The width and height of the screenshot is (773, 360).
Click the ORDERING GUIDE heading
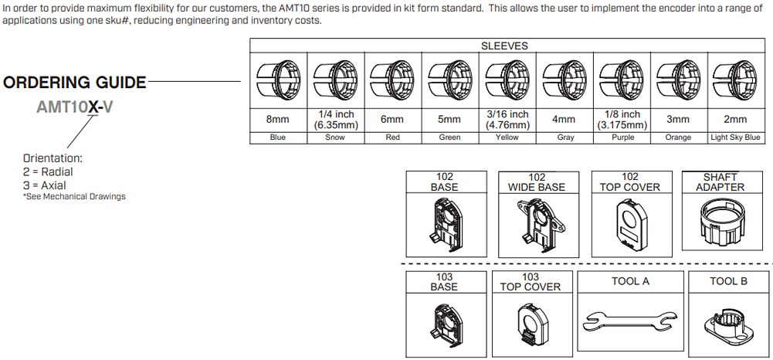point(74,83)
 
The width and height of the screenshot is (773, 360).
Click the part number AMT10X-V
point(75,108)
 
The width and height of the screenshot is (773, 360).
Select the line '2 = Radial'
point(48,172)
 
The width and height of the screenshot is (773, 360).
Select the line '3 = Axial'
point(45,185)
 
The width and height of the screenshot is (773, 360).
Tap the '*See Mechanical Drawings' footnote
point(74,197)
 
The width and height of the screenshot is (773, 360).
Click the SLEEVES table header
point(504,46)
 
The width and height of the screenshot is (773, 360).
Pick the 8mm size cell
point(278,120)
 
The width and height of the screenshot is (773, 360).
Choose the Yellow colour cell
point(507,138)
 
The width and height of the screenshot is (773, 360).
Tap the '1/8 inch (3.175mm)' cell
point(622,120)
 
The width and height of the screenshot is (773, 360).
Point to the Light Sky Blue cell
point(735,138)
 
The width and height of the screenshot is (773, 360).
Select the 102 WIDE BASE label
point(537,182)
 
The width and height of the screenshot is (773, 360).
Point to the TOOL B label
point(728,281)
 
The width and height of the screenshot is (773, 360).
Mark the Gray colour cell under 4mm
point(564,138)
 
